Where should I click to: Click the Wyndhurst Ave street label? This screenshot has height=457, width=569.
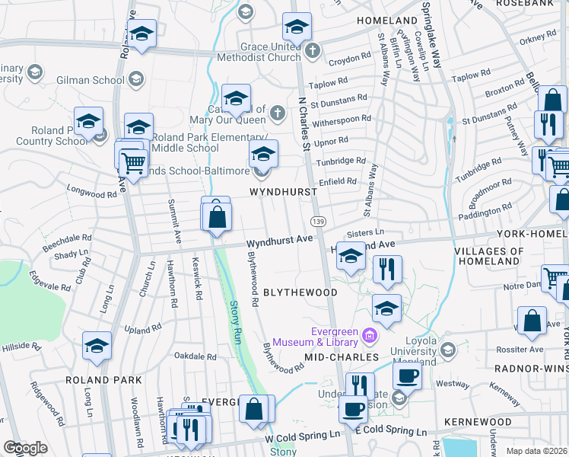pos(280,239)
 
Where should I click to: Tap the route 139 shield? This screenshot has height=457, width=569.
pos(318,220)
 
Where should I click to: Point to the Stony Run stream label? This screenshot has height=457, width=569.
pos(235,320)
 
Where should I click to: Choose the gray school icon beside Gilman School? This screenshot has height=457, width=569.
pos(135,79)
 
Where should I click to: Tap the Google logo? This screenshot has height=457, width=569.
pos(25,448)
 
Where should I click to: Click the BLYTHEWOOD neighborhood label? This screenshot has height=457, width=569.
pos(300,292)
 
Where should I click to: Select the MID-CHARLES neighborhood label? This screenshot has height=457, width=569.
pos(342,356)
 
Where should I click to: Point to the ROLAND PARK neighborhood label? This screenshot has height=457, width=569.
pos(103,379)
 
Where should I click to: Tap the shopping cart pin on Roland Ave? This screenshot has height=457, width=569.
pos(133,161)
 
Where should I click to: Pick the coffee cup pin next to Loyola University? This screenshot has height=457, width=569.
pos(407,375)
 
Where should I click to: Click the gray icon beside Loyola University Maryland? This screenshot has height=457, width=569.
pos(448,350)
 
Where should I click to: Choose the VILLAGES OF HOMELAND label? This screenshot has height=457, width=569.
pos(489,257)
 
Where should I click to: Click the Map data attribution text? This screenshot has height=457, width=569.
pos(537,451)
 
